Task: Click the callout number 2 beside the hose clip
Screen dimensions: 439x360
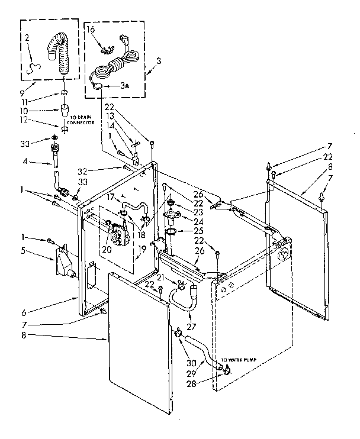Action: point(27,37)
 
